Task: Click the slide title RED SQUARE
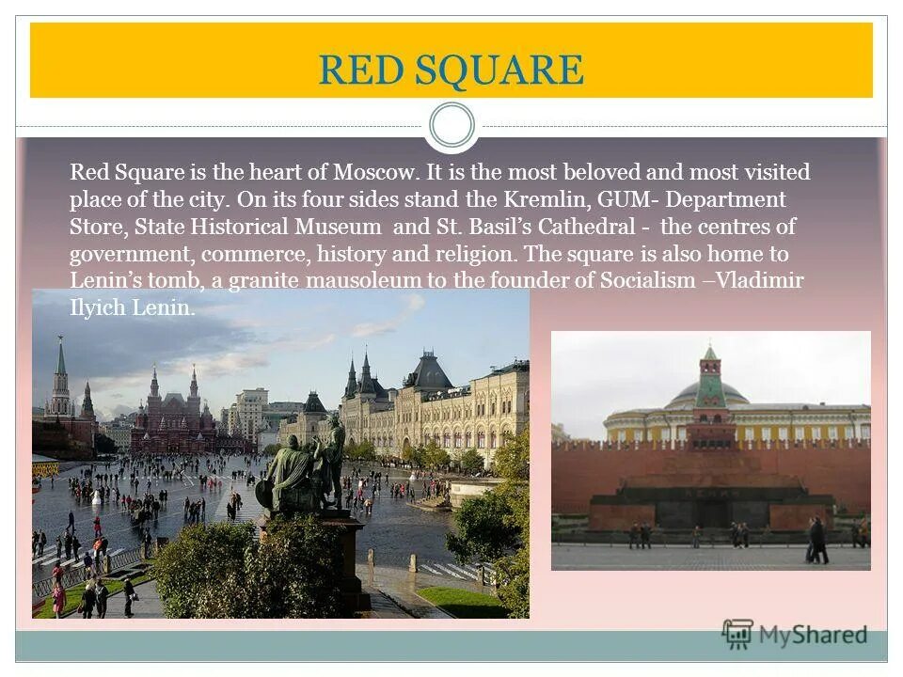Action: pos(451,71)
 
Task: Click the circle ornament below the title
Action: pos(451,125)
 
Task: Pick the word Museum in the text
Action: pos(344,228)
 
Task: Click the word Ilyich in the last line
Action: pos(94,308)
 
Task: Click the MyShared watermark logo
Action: pos(795,635)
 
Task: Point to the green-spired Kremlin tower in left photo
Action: pos(61,376)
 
